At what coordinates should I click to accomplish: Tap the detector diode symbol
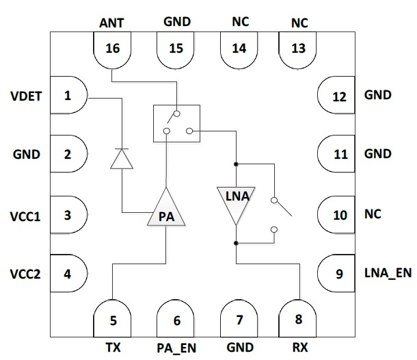122,159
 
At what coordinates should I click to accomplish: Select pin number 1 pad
68,96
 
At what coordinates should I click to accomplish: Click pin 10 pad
338,215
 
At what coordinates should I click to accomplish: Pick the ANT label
113,22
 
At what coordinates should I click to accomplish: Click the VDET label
27,96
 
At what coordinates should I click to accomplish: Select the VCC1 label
27,216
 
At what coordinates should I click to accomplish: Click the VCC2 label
27,275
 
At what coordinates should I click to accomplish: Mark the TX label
113,347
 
